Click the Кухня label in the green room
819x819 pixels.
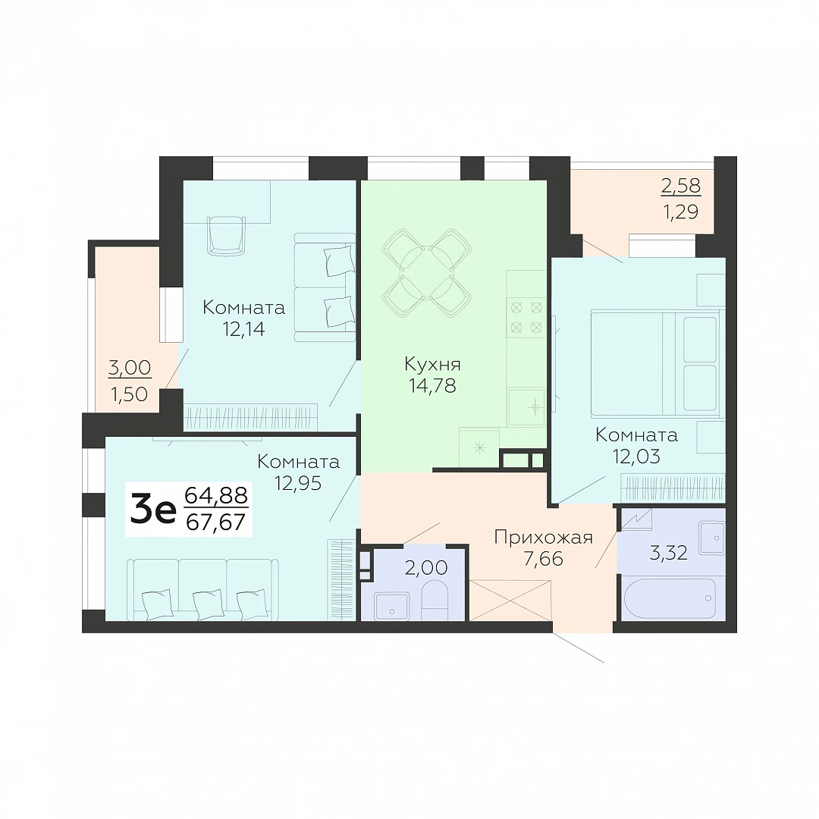(432, 363)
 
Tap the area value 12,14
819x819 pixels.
(243, 330)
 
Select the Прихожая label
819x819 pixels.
(543, 537)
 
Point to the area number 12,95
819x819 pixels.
(298, 484)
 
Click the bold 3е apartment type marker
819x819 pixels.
(153, 510)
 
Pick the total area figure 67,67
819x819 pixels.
(215, 522)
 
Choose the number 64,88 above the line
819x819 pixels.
(216, 494)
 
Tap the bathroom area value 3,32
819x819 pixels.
(668, 552)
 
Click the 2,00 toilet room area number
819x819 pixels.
(426, 567)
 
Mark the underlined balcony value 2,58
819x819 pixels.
(681, 186)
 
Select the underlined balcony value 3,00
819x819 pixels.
(130, 368)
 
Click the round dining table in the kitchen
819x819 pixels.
(427, 273)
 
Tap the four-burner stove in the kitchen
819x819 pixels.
(526, 318)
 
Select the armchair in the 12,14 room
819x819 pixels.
(226, 237)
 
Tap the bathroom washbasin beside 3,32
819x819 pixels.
(711, 538)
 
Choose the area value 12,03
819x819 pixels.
(636, 457)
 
